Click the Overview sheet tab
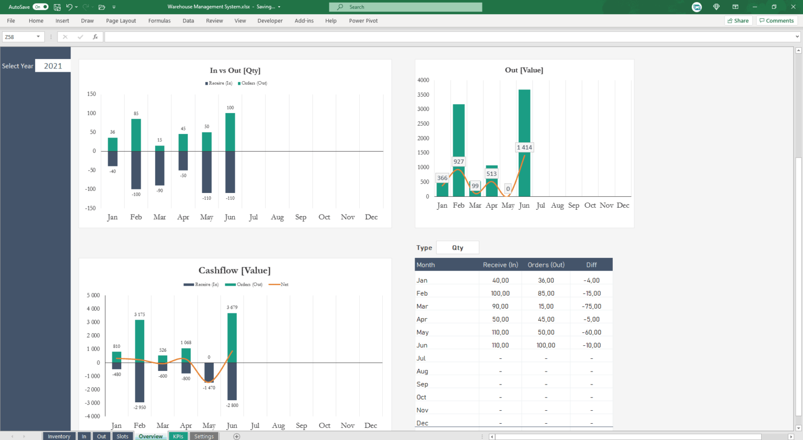(x=151, y=436)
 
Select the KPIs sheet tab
(x=178, y=436)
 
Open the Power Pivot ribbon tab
(x=363, y=21)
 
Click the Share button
(x=738, y=21)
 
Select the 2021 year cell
(x=53, y=66)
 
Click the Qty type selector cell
(x=457, y=248)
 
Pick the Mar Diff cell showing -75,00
(x=591, y=307)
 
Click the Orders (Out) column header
(x=546, y=265)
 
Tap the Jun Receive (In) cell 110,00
(x=500, y=345)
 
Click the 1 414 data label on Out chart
(x=524, y=148)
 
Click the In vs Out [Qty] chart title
(x=235, y=71)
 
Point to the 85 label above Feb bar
(x=136, y=114)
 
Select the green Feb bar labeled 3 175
(x=140, y=340)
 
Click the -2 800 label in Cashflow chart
(x=232, y=405)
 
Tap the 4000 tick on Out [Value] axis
(x=423, y=80)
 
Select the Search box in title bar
(x=406, y=7)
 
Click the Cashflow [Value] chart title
(x=234, y=270)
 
